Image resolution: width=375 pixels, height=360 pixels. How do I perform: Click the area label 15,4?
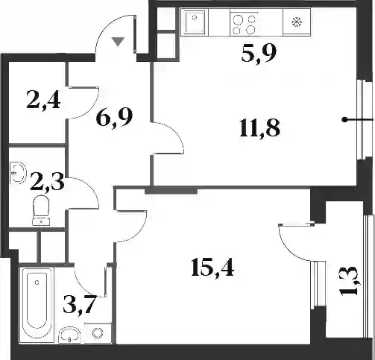pos(212,268)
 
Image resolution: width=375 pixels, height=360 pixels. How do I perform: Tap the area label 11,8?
pos(259,128)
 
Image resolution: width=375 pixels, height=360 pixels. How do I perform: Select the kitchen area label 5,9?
pos(259,54)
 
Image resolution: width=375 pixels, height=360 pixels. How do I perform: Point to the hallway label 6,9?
pos(114,118)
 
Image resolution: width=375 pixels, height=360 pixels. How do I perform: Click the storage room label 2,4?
pos(43,101)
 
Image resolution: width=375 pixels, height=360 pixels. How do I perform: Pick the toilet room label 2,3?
pos(47,182)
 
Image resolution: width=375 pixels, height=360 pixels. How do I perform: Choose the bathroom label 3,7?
pos(80,305)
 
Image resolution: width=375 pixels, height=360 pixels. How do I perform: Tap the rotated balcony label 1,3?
pos(350,281)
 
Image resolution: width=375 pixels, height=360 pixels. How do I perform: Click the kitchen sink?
pos(195,22)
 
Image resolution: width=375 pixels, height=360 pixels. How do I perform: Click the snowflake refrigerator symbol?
pos(297,22)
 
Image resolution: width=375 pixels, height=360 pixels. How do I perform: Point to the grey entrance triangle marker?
pos(118,41)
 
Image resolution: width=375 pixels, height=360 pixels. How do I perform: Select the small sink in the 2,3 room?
pos(18,172)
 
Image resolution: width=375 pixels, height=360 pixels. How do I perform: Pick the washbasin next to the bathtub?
pos(69,335)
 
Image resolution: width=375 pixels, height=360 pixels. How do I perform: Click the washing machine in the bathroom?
pos(98,333)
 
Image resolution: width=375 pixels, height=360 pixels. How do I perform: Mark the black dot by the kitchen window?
pos(344,120)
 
